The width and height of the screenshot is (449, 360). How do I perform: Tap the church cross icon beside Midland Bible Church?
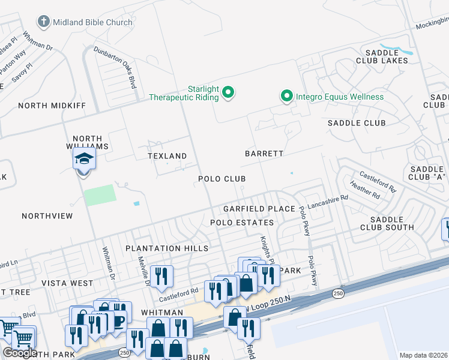point(43,22)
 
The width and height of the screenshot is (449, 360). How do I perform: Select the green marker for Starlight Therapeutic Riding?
point(228,92)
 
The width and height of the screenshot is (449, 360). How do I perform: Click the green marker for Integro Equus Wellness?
point(287,96)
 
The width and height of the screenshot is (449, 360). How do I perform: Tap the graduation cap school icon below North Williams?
point(83,160)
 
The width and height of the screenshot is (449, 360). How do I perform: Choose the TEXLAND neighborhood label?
point(167,156)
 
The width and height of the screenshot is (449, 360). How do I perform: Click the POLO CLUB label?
point(222,179)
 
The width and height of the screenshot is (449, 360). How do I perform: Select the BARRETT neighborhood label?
point(264,154)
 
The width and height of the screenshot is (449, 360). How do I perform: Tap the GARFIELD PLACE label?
point(259,209)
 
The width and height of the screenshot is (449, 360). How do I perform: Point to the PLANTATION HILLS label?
point(167,248)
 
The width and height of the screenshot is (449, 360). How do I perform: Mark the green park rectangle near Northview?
point(100,196)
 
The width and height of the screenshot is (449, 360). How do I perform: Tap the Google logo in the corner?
point(20,353)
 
